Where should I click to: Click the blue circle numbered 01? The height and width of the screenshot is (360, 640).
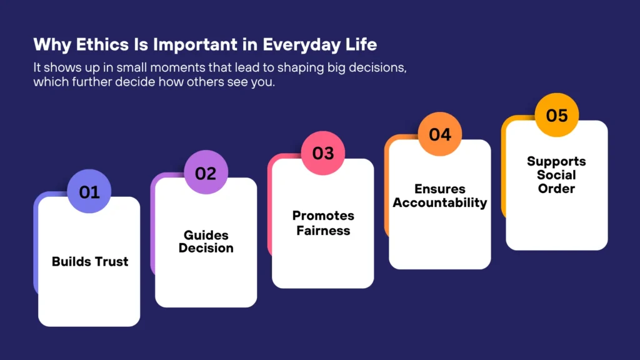click(89, 191)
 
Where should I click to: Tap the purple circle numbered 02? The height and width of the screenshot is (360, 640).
click(206, 172)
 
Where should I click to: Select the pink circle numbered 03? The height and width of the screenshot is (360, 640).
click(323, 153)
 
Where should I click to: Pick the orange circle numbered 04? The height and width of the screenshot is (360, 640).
click(440, 134)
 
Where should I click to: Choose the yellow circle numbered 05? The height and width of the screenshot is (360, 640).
click(557, 116)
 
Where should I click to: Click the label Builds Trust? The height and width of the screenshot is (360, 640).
click(89, 261)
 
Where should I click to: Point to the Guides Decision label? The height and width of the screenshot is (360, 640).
click(206, 241)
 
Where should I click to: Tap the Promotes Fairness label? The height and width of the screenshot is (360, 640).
click(323, 223)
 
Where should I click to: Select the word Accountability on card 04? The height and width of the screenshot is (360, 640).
click(440, 202)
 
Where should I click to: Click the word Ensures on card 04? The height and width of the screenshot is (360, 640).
click(440, 189)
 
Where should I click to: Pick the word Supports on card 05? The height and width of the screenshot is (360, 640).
click(556, 161)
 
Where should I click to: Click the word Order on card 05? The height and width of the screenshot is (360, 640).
click(556, 188)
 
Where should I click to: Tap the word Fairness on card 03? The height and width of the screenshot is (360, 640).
click(323, 230)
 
